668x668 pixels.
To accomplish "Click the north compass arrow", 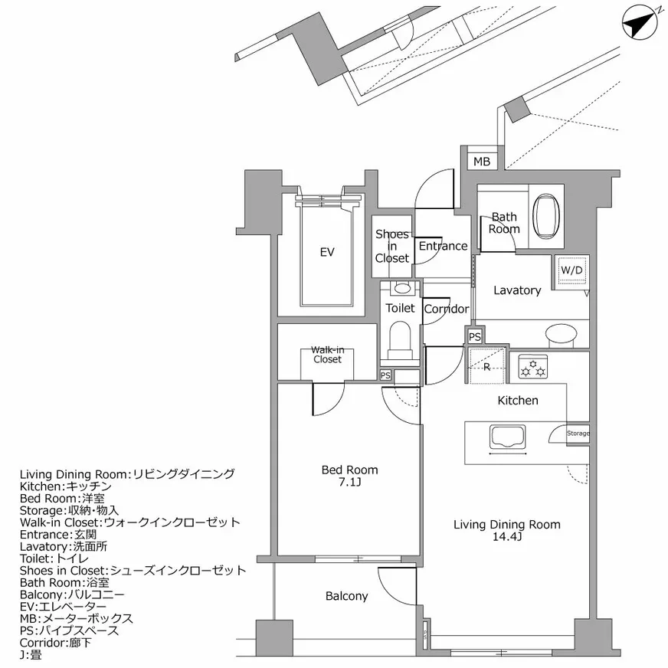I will [640, 22].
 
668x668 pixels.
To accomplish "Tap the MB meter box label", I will [481, 162].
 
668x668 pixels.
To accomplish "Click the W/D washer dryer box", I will [571, 270].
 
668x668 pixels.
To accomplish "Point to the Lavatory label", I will [516, 290].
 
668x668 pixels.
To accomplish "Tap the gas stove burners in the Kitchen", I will [532, 366].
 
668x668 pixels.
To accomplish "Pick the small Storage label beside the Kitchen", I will [578, 434].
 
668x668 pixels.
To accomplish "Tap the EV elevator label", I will [327, 252].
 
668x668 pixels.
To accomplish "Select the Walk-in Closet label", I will [326, 354].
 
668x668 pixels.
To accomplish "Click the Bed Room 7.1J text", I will [349, 476].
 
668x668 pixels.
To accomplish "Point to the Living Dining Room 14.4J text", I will [506, 531].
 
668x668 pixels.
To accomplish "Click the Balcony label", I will [346, 596].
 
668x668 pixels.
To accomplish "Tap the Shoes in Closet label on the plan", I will [391, 247].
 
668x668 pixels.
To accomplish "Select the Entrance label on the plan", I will [443, 246].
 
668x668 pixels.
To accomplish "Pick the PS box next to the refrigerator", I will [474, 336].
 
